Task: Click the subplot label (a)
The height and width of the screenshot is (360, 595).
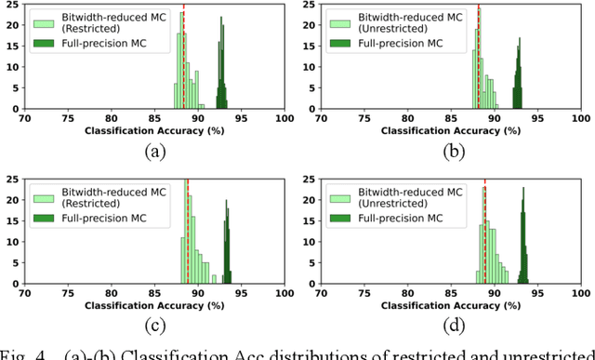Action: [x=154, y=151]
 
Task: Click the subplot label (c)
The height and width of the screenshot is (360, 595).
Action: [x=154, y=325]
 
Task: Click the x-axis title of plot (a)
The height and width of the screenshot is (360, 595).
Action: [x=154, y=131]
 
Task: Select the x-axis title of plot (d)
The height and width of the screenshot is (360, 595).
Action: [x=454, y=305]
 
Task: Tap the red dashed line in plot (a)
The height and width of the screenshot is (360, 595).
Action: [x=183, y=56]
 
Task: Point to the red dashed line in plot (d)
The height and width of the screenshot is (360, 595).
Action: [x=484, y=233]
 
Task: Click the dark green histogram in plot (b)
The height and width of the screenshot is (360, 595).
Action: [x=518, y=84]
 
